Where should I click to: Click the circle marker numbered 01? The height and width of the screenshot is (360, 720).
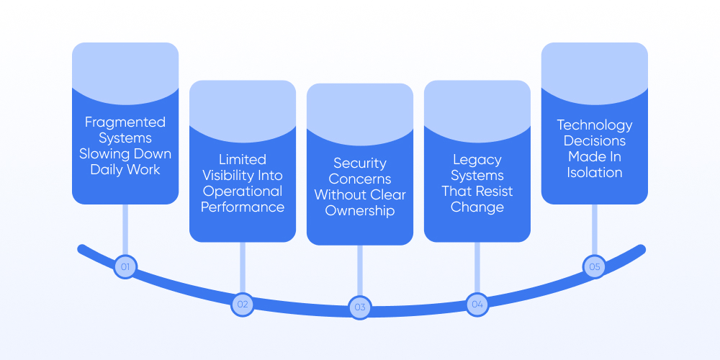125,267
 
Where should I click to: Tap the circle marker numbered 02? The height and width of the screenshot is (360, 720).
243,304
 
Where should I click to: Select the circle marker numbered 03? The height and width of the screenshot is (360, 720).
360,307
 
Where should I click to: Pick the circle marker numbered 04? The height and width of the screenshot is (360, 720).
477,304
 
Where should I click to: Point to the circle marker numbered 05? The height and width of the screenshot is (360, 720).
594,266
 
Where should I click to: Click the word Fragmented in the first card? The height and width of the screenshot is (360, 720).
125,122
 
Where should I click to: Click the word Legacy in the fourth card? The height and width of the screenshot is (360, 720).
477,160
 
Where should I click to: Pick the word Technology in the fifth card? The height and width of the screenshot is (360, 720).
595,125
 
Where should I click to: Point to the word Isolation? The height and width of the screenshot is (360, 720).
595,173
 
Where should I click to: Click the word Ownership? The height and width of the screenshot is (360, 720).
360,211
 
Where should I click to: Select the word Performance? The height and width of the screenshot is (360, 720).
243,207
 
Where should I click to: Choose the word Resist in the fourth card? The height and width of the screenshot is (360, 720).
493,192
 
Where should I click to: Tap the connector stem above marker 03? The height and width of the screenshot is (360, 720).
360,269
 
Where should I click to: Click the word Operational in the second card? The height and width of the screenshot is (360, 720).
243,192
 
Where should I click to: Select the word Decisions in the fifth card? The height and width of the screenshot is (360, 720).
595,141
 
